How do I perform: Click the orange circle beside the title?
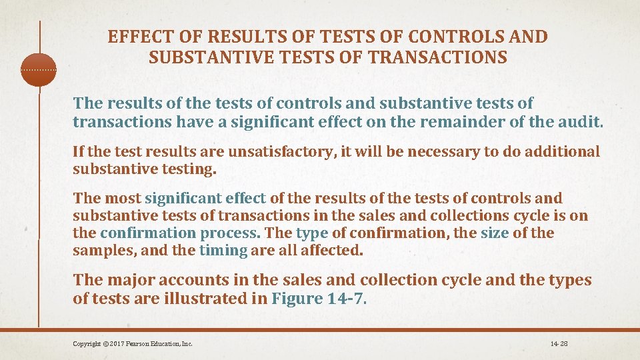39,69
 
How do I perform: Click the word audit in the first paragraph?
583,123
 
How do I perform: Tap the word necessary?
443,152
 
